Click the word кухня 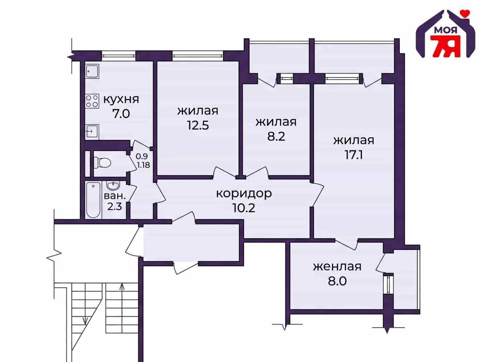[x=121, y=100]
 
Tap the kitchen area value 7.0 [x=121, y=114]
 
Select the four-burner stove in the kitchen [x=92, y=101]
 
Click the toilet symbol [x=102, y=163]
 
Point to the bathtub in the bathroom [x=93, y=200]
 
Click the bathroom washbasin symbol [x=113, y=186]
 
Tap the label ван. [x=114, y=196]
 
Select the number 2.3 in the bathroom [x=114, y=206]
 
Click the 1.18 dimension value [x=144, y=165]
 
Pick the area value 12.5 [x=198, y=125]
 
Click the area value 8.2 [x=276, y=136]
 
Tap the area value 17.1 [x=354, y=155]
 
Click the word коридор [x=244, y=194]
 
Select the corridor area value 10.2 [x=244, y=208]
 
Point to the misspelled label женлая [x=337, y=267]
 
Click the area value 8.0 [x=337, y=281]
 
